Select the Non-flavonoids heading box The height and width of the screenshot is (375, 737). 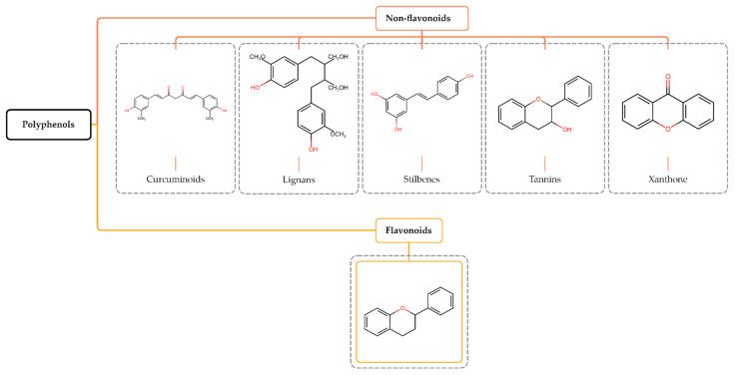421,17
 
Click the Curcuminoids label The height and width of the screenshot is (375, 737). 176,182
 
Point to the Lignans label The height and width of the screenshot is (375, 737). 299,182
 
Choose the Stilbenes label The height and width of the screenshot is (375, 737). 421,182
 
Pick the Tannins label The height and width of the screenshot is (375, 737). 544,182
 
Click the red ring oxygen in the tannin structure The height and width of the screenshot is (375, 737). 544,86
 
